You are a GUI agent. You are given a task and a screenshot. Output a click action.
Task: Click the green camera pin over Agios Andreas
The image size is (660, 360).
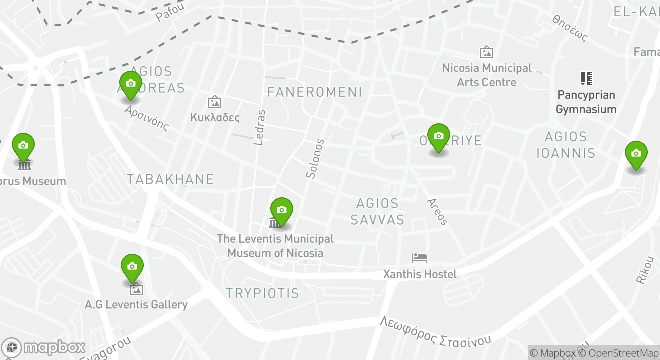point(130,84)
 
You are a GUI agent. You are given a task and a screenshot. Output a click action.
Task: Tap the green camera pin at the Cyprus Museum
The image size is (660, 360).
point(23,146)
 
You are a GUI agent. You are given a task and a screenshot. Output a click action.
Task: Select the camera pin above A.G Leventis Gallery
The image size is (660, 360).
point(132,267)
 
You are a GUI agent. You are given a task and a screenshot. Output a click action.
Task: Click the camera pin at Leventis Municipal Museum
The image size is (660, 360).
point(281,210)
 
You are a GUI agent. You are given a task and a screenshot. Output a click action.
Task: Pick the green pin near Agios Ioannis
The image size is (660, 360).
point(636,154)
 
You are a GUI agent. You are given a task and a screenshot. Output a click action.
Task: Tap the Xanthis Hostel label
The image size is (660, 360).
point(419,274)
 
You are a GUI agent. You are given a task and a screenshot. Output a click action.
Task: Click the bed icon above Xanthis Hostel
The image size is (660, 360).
point(420,258)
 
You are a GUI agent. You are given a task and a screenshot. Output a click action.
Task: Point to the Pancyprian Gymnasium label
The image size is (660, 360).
point(586,102)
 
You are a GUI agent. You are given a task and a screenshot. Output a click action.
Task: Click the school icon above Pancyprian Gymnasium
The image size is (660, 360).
point(586,79)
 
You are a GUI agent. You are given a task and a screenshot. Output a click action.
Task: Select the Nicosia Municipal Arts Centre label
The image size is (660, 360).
point(487,75)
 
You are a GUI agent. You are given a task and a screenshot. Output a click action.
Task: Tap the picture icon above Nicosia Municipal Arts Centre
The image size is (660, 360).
point(486,52)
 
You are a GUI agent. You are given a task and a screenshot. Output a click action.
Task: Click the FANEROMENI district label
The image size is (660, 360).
point(314,92)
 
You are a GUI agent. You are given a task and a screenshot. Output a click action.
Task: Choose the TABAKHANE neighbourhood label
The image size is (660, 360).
point(170,179)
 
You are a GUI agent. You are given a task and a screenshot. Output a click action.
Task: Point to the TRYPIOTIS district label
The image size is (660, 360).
point(262,293)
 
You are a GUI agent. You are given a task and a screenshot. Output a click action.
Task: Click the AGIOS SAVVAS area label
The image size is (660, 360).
point(377,211)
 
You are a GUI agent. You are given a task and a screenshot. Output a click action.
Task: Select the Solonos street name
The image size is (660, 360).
point(312,159)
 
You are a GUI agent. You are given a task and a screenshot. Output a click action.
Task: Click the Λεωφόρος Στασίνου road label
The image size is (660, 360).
point(435,331)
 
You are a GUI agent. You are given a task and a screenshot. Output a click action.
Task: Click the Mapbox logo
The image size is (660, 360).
point(44,347)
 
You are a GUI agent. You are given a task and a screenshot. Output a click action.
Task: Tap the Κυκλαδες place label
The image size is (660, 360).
point(215,118)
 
